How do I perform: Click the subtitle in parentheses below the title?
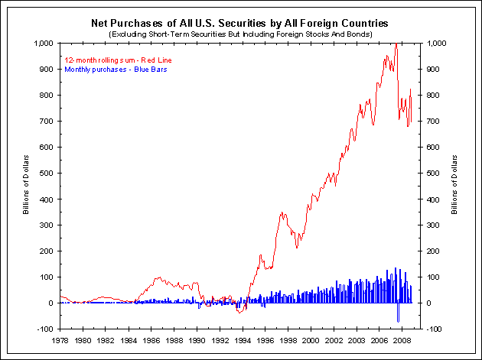point(239,35)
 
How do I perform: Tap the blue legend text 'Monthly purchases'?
point(105,70)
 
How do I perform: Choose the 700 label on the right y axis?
point(434,122)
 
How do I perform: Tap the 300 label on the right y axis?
point(434,225)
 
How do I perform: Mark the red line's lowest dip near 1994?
point(240,313)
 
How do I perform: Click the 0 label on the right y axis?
point(429,303)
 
